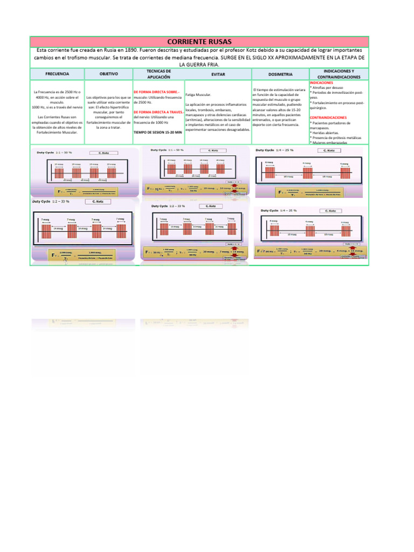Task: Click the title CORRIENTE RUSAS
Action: [x=199, y=41]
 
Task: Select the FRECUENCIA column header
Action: [x=57, y=74]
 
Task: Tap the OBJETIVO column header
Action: [x=108, y=74]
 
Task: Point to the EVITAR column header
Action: [x=218, y=74]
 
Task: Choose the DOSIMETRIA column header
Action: [x=280, y=74]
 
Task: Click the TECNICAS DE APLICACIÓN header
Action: [x=158, y=74]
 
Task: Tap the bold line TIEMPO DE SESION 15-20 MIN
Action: [x=157, y=132]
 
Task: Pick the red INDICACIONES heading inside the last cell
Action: [x=322, y=82]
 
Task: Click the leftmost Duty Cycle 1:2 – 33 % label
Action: [x=51, y=202]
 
